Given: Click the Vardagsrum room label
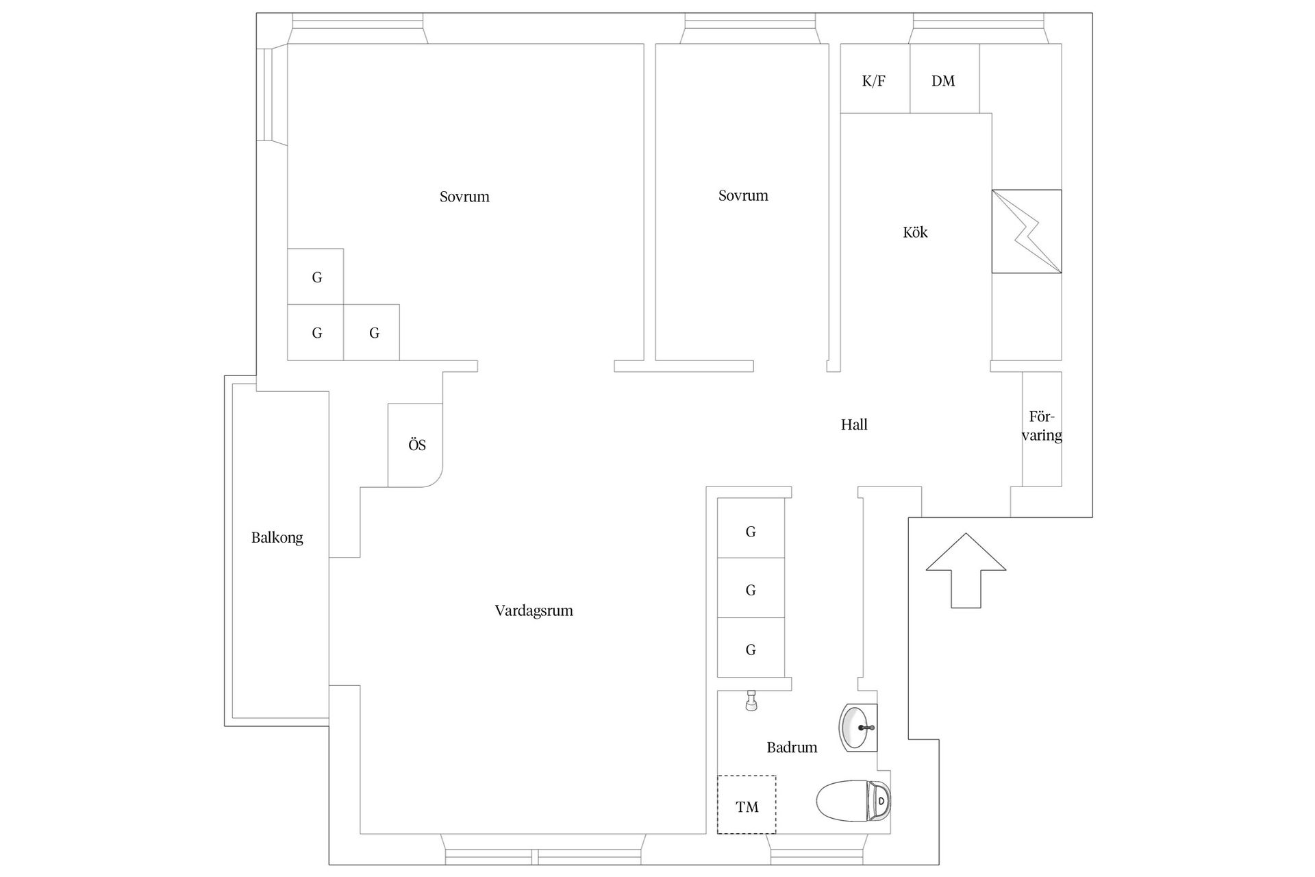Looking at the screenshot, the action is pyautogui.click(x=534, y=610).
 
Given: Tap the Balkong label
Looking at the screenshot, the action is pyautogui.click(x=277, y=538).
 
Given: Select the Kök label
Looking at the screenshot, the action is pyautogui.click(x=915, y=232).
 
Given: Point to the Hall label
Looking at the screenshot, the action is pyautogui.click(x=854, y=425).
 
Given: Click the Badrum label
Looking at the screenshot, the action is pyautogui.click(x=792, y=748).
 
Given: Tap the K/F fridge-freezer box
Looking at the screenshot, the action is pyautogui.click(x=875, y=78).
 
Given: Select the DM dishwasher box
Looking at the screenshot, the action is pyautogui.click(x=944, y=78).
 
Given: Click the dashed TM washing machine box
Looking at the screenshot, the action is pyautogui.click(x=747, y=804).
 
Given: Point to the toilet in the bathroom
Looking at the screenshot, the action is pyautogui.click(x=853, y=800).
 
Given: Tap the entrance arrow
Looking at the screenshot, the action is pyautogui.click(x=966, y=570).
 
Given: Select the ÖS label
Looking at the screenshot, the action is pyautogui.click(x=417, y=445).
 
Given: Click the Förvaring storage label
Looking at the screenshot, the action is pyautogui.click(x=1042, y=426).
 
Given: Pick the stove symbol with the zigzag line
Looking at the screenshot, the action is pyautogui.click(x=1027, y=232).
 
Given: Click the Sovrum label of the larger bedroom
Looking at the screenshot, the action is pyautogui.click(x=464, y=197).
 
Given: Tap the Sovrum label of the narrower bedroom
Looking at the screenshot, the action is pyautogui.click(x=743, y=195).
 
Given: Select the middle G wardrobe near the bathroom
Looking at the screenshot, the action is pyautogui.click(x=751, y=589).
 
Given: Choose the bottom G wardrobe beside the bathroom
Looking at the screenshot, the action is pyautogui.click(x=751, y=648).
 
